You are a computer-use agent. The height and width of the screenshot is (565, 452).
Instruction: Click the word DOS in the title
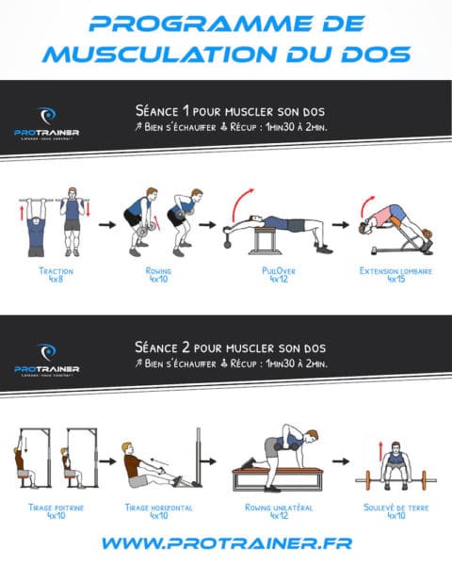tap(371, 53)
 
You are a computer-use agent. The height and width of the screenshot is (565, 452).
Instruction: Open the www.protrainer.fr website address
tap(226, 543)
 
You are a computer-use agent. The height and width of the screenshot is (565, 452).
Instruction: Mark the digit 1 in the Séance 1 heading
tap(191, 110)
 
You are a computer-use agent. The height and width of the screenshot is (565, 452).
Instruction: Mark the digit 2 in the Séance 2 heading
tap(191, 345)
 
